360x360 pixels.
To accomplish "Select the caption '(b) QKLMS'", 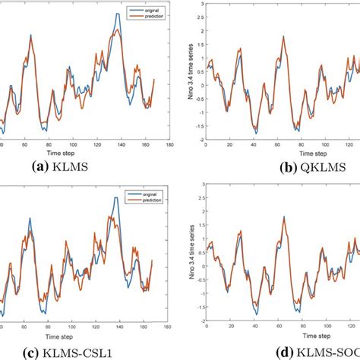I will (x=298, y=165).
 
